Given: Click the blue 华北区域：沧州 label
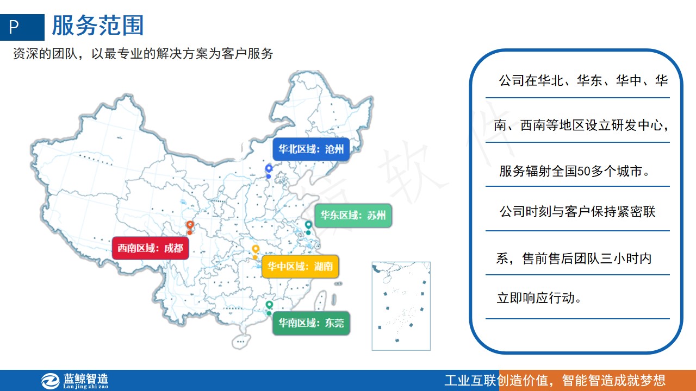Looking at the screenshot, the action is click(x=311, y=149).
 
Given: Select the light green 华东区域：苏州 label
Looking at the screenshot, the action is click(x=353, y=216).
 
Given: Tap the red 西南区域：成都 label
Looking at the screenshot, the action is click(x=151, y=248).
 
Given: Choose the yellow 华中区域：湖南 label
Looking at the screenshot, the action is click(x=300, y=266).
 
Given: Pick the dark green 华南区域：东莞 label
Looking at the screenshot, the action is click(x=311, y=323).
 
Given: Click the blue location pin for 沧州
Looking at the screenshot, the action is click(x=269, y=171).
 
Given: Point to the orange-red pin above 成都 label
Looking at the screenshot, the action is click(x=190, y=228).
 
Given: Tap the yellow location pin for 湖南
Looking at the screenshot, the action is click(x=256, y=252).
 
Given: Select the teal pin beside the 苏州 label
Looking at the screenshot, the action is click(x=308, y=228).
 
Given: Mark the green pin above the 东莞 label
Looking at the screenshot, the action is click(x=269, y=308).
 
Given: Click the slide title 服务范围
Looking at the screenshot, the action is click(x=98, y=26).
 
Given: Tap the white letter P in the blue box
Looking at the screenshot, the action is click(x=14, y=27).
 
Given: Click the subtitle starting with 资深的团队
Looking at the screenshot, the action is click(x=143, y=54).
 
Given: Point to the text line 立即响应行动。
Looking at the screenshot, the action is click(x=539, y=298).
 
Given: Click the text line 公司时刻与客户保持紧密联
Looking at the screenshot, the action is click(x=577, y=212).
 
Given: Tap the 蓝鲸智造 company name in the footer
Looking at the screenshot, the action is click(x=86, y=379).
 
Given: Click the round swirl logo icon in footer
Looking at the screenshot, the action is click(x=51, y=381).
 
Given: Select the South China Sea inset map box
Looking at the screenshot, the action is click(x=401, y=306).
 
